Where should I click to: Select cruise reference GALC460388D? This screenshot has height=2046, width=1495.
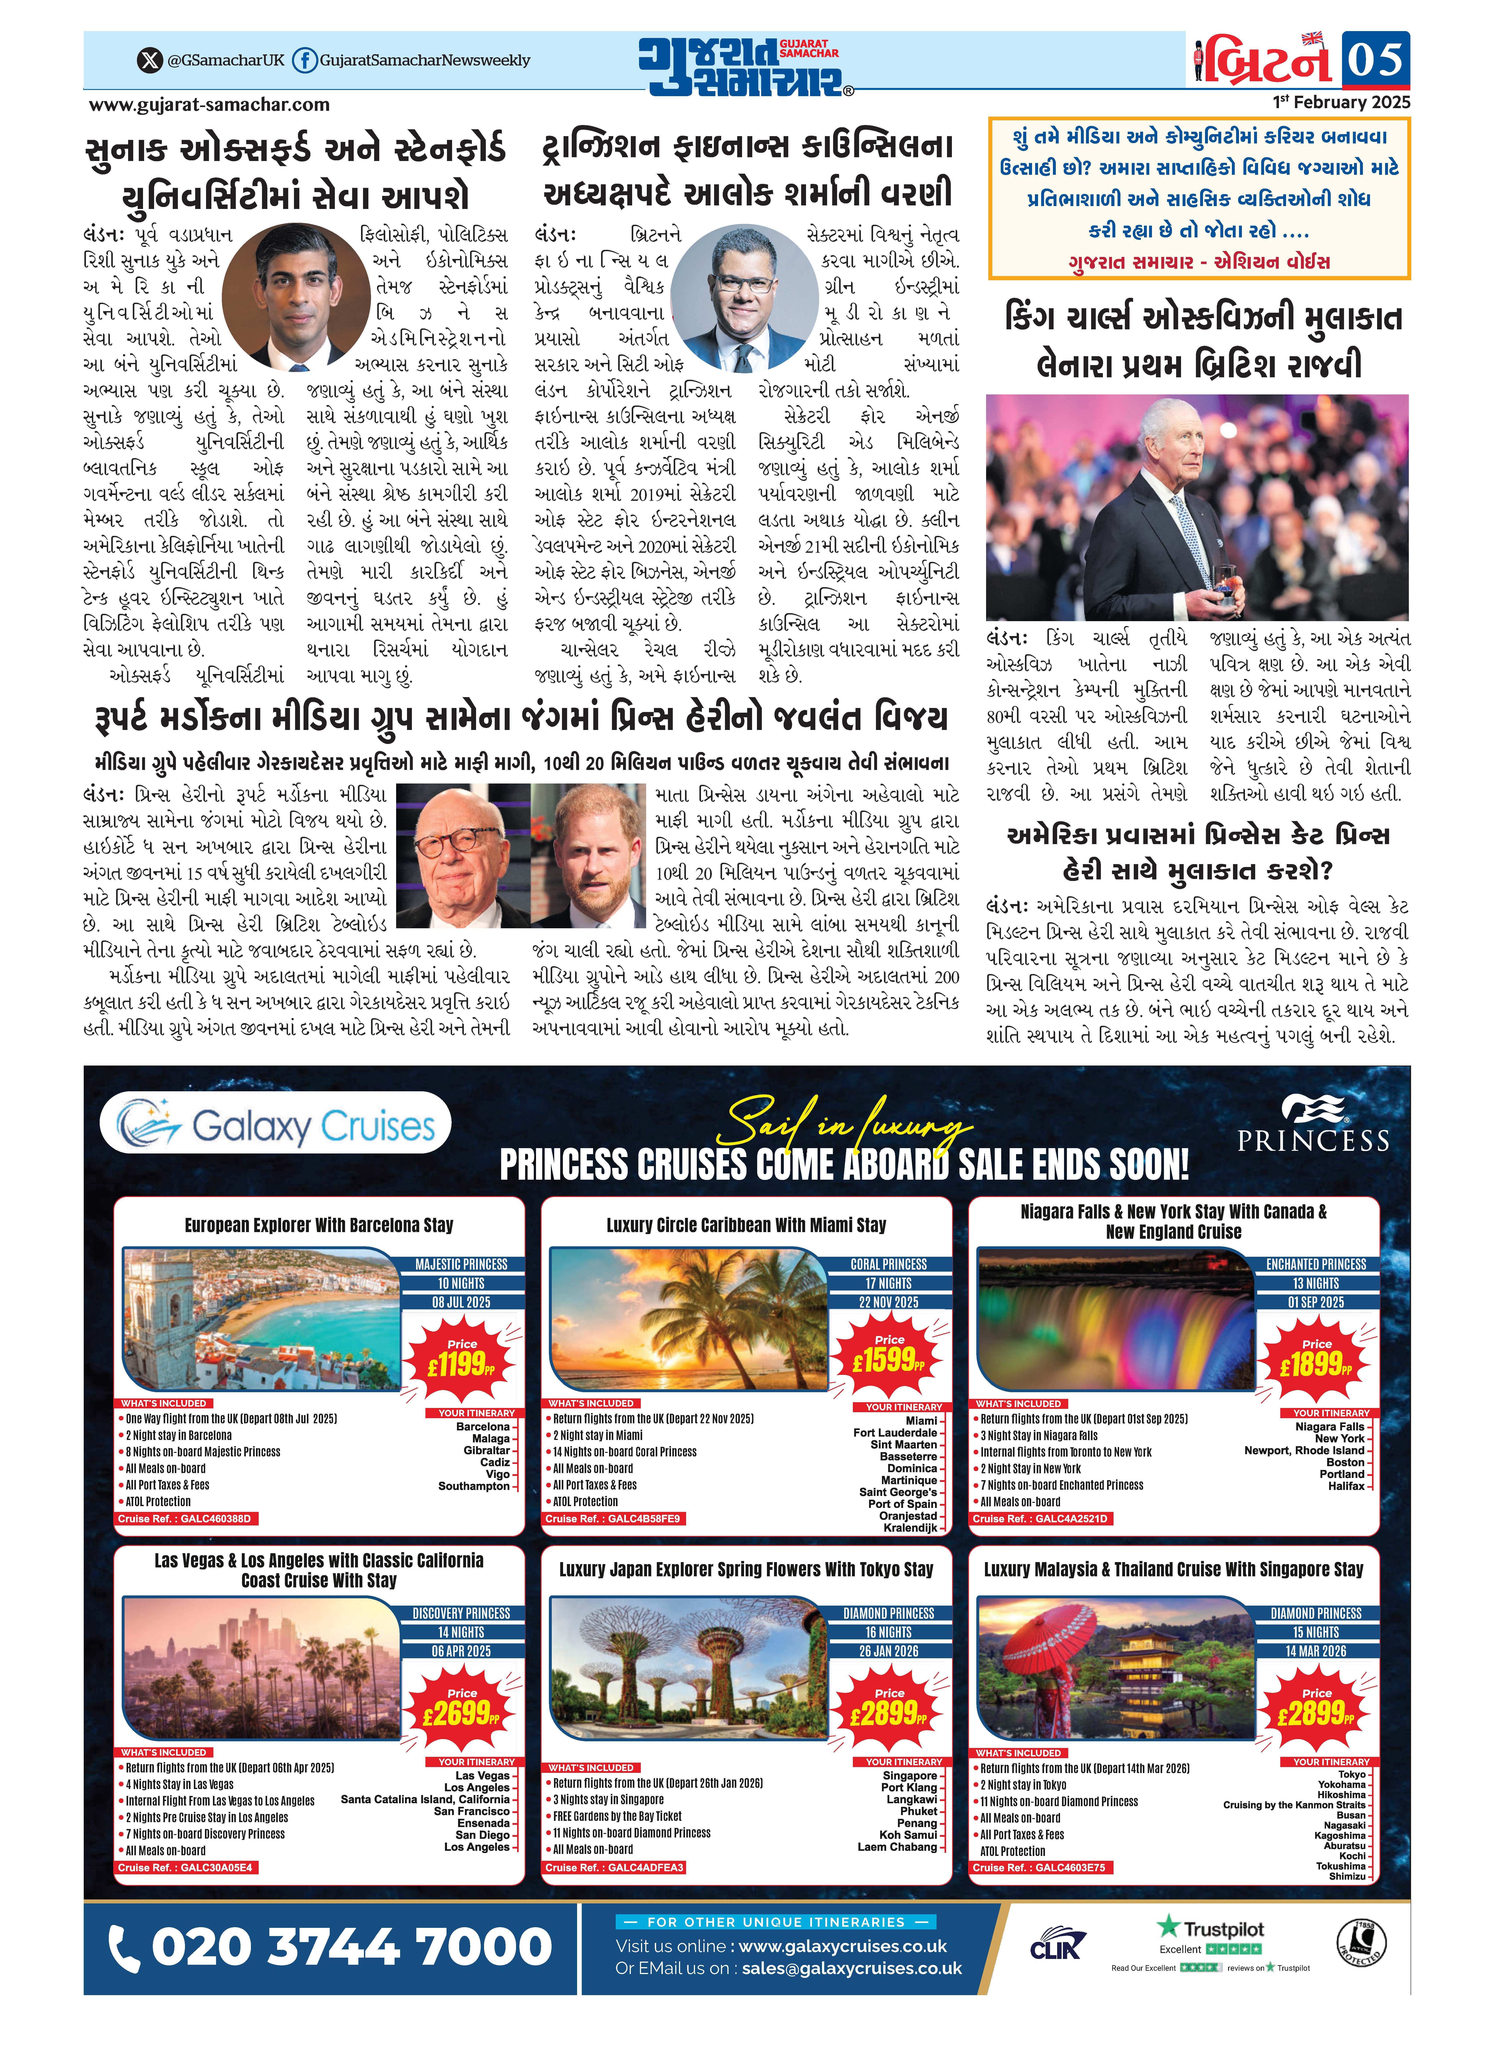[186, 1518]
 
